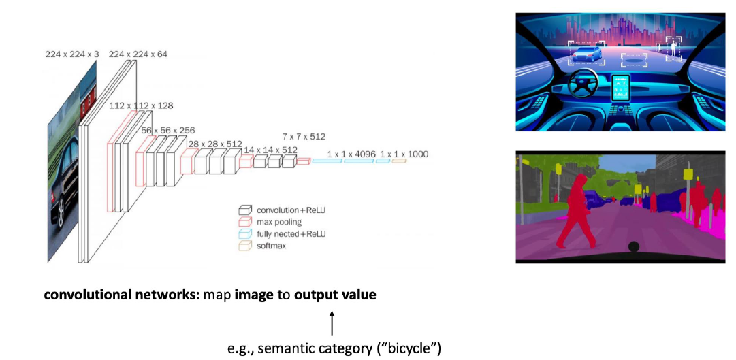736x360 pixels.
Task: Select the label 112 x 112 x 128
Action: tap(141, 105)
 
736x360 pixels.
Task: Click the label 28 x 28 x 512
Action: tap(215, 144)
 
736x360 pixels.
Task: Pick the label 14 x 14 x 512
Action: tap(271, 150)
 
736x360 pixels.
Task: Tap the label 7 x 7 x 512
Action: tap(304, 137)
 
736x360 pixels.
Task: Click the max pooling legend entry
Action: tap(278, 222)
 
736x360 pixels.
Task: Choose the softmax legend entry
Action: tap(271, 246)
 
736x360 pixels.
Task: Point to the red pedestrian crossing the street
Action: tap(575, 210)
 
